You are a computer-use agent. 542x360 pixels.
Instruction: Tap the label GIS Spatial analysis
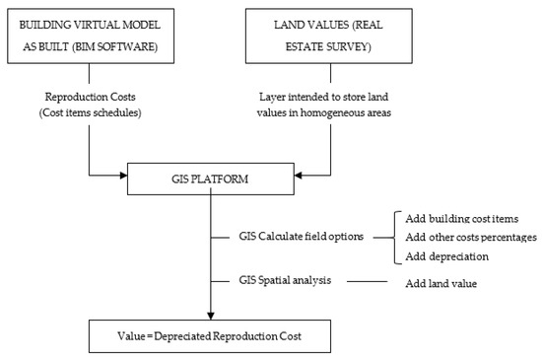coord(285,281)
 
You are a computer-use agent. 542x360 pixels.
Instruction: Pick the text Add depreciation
coord(444,256)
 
